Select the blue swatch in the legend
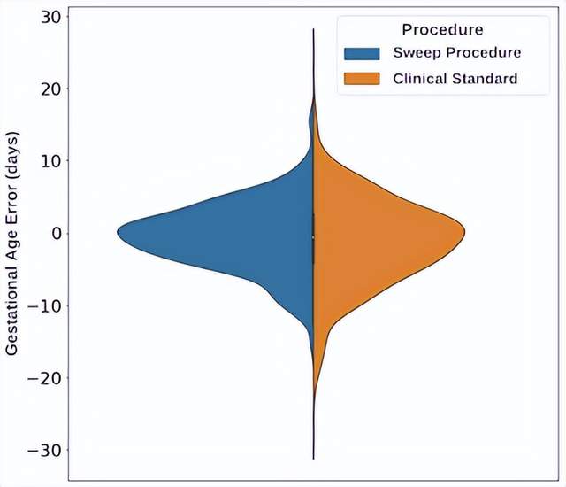[363, 53]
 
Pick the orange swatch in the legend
[363, 79]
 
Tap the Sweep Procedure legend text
[456, 53]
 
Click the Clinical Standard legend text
[455, 79]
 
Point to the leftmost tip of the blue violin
[118, 233]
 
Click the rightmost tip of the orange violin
[464, 233]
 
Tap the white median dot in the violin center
[313, 236]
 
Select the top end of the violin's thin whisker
[313, 29]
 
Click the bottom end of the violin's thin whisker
[313, 459]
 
